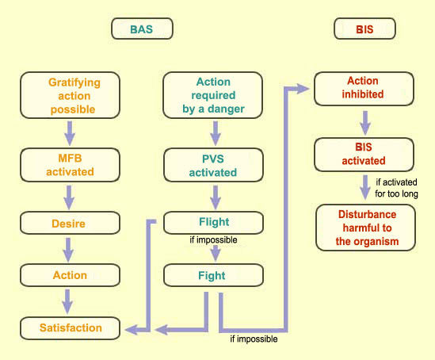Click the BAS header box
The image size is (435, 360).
(x=142, y=29)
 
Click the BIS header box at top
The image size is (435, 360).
(x=364, y=29)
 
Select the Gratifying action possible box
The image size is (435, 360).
(x=70, y=95)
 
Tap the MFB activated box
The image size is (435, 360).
(x=70, y=165)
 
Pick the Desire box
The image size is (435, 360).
(x=70, y=223)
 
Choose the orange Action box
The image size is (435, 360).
(x=70, y=275)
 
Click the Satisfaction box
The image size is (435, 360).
(x=70, y=328)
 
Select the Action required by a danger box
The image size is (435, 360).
(x=213, y=95)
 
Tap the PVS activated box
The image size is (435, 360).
(x=213, y=165)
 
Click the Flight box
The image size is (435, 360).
(x=213, y=223)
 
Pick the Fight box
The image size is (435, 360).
(x=213, y=275)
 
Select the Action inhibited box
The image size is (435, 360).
(x=364, y=89)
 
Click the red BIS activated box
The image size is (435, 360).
(x=364, y=155)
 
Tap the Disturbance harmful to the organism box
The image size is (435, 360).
(x=365, y=228)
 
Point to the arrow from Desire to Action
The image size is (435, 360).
(x=68, y=250)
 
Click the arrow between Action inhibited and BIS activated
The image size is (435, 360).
(x=365, y=123)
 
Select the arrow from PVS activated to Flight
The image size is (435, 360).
(x=216, y=197)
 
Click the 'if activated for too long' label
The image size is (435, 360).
(x=396, y=188)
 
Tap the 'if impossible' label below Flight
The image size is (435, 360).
(x=213, y=239)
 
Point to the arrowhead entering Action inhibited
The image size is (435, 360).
(x=303, y=89)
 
